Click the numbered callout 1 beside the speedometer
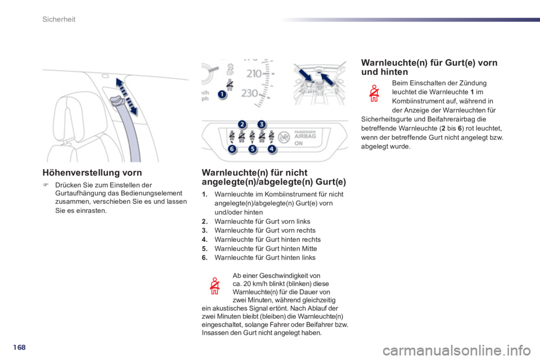(x=223, y=94)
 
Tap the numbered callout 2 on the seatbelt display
(x=242, y=124)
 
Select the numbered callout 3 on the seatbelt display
(x=262, y=124)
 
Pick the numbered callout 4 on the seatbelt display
(x=272, y=149)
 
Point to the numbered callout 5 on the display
(x=253, y=149)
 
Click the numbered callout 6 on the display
(x=232, y=149)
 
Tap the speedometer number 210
(x=254, y=73)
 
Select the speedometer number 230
(x=250, y=93)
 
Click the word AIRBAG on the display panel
(x=305, y=136)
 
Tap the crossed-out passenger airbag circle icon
(x=284, y=137)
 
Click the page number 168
(x=19, y=347)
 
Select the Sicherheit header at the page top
(x=59, y=19)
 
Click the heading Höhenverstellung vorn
(x=92, y=173)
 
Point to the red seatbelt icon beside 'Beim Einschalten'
(x=374, y=93)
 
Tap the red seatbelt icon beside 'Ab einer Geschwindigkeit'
(x=215, y=286)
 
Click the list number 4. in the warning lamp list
(x=205, y=240)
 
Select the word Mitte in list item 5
(x=309, y=249)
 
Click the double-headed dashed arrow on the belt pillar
(x=127, y=96)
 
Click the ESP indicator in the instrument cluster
(x=230, y=70)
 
